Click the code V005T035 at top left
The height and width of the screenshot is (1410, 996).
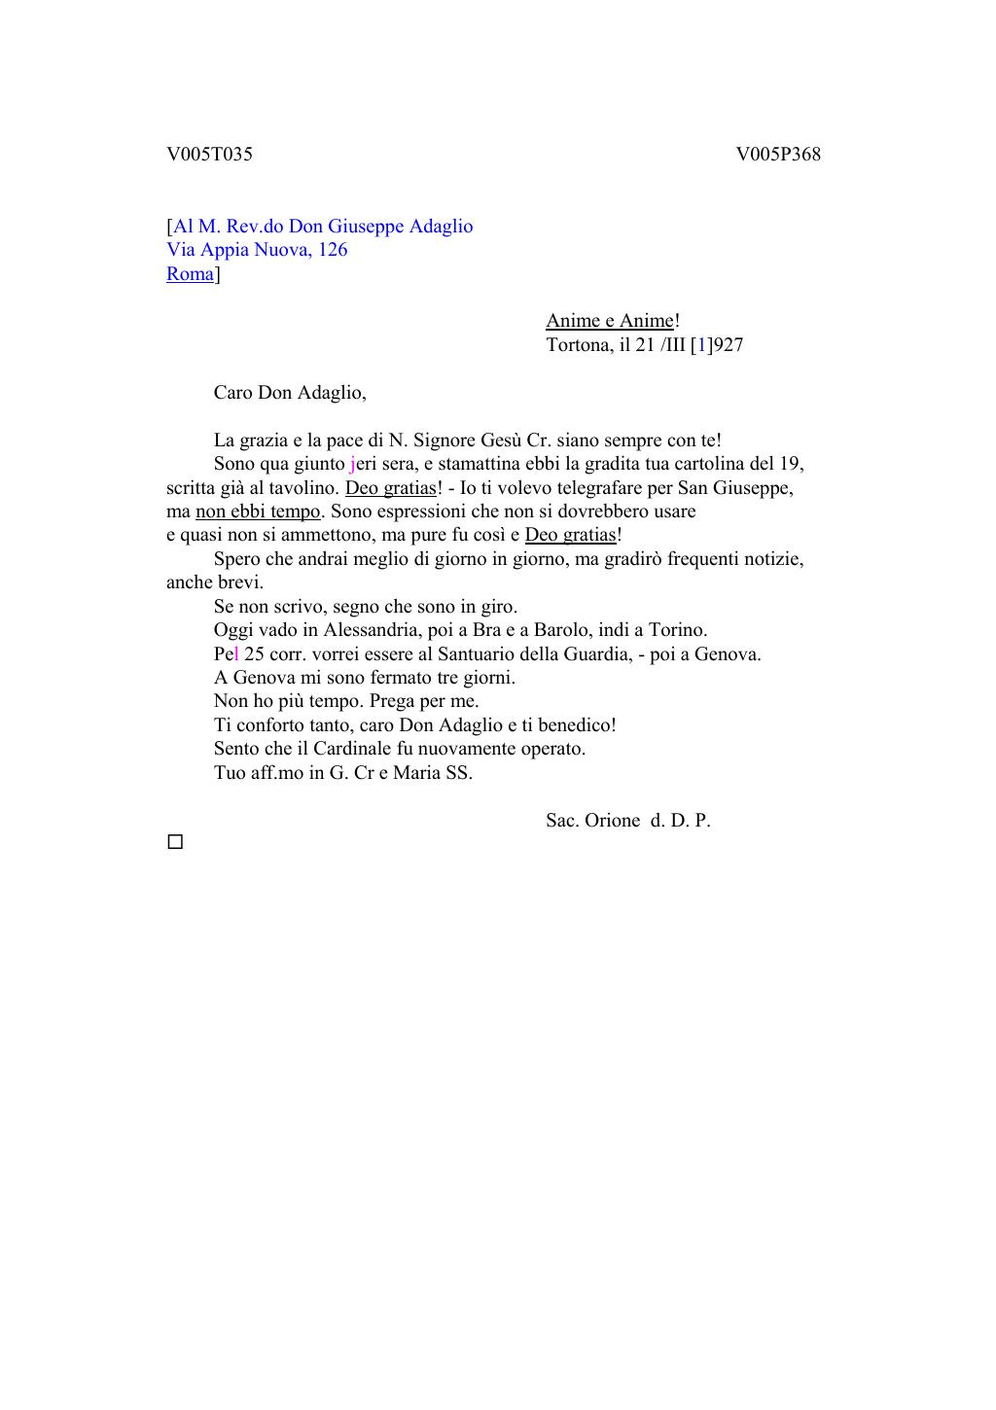click(x=209, y=155)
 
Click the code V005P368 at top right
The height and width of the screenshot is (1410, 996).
click(x=778, y=155)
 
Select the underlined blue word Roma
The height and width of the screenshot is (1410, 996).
click(x=190, y=274)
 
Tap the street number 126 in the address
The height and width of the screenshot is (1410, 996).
click(x=332, y=250)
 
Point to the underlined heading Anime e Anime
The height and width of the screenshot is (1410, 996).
click(x=609, y=321)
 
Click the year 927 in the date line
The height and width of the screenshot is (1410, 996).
click(x=729, y=345)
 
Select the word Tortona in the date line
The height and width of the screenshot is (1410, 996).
click(x=579, y=345)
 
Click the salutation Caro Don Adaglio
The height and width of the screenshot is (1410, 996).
click(x=290, y=393)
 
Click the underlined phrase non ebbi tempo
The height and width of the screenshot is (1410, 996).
click(x=258, y=511)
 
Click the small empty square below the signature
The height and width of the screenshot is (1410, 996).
click(x=175, y=842)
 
